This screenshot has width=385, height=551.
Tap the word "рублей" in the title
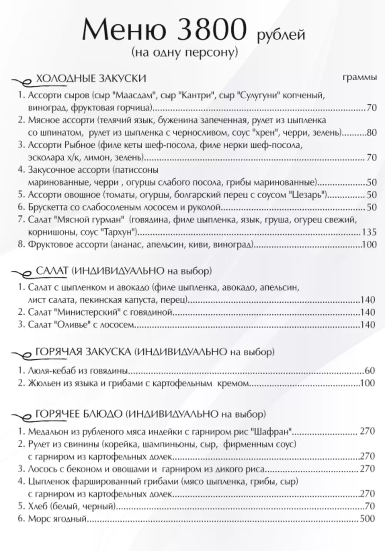point(281,35)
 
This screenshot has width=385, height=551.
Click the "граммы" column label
point(360,78)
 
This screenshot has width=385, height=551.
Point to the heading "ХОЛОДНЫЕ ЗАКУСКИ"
point(91,79)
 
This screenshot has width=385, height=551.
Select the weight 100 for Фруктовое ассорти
point(368,244)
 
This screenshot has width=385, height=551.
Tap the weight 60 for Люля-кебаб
point(370,371)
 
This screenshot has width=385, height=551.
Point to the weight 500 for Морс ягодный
point(367,519)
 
